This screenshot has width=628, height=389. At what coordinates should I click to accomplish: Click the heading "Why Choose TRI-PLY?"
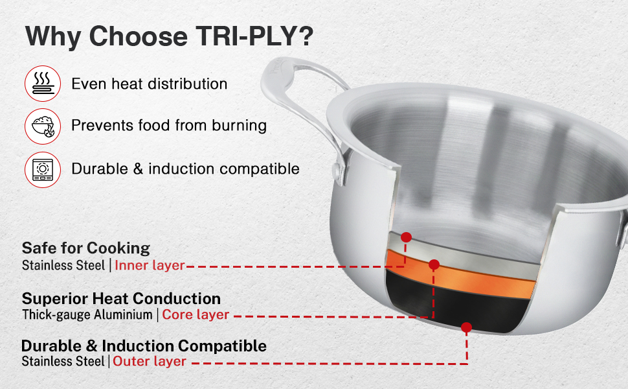click(169, 37)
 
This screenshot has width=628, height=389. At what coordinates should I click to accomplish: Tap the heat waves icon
click(43, 84)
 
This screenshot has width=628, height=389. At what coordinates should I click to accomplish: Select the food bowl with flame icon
click(43, 126)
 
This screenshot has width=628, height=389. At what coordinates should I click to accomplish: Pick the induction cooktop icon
click(43, 170)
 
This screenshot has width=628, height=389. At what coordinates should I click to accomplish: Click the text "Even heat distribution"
click(150, 84)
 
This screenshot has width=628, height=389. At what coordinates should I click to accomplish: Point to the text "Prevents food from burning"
click(169, 126)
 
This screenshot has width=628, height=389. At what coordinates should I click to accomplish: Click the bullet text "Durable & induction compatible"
click(185, 169)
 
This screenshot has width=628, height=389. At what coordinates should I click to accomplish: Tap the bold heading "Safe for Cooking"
click(86, 248)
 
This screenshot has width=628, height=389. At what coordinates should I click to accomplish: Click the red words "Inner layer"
click(150, 265)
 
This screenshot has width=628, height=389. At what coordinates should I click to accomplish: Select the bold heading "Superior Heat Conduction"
click(121, 299)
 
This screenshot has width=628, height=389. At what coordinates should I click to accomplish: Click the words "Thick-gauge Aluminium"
click(87, 315)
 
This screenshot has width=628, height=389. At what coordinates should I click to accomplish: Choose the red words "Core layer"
click(196, 315)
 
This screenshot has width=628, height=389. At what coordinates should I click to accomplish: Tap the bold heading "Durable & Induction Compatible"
click(144, 346)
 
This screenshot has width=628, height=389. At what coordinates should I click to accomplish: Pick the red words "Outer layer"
click(150, 361)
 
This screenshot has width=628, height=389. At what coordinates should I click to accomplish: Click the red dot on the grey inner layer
click(406, 237)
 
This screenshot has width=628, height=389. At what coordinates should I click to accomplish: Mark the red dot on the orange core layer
click(434, 265)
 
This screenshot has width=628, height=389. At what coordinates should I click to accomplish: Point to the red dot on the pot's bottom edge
click(466, 327)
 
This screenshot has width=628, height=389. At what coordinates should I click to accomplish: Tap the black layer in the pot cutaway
click(456, 305)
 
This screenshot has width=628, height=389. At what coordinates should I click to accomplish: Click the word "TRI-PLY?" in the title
click(254, 37)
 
